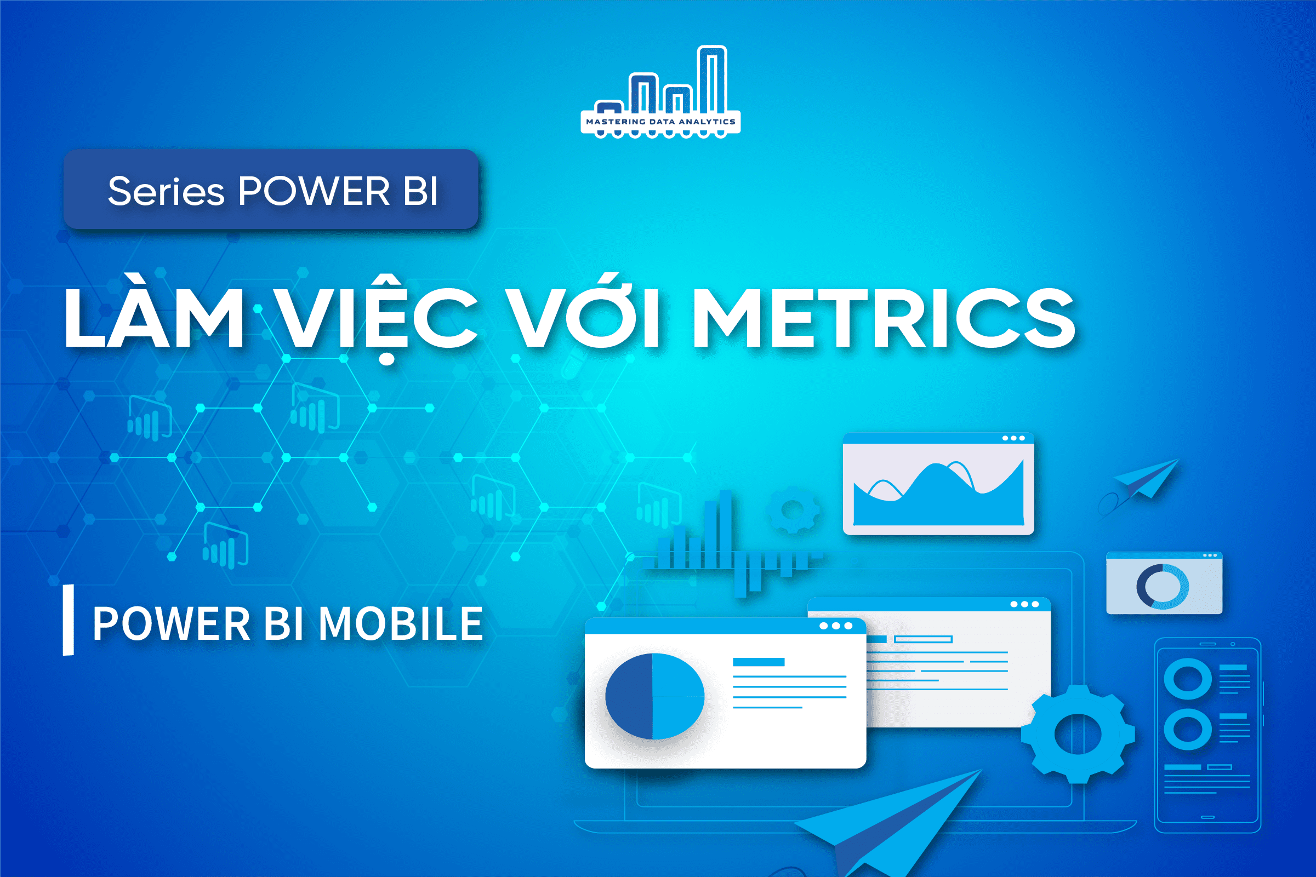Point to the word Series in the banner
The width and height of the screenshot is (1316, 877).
[x=166, y=191]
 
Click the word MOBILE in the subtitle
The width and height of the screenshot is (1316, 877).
[x=400, y=623]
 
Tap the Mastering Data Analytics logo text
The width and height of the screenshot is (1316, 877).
[x=660, y=122]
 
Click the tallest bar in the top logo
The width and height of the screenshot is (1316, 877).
[x=711, y=78]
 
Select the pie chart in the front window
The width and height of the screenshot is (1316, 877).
[x=654, y=696]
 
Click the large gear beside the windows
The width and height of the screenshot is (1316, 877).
[x=1078, y=733]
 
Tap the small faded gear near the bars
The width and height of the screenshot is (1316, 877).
[x=793, y=509]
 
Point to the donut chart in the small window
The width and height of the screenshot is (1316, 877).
[x=1162, y=586]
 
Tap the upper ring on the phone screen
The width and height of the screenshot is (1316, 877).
[x=1187, y=679]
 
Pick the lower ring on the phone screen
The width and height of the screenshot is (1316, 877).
[x=1187, y=729]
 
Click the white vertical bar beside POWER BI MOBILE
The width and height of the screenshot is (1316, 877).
[x=69, y=620]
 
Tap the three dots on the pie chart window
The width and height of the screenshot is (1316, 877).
[x=836, y=626]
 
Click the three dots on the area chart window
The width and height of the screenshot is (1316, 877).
[x=1013, y=438]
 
